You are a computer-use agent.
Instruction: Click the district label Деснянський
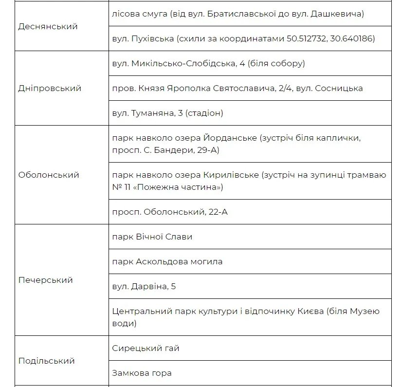pyautogui.click(x=48, y=26)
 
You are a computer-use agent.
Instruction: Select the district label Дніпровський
pyautogui.click(x=50, y=88)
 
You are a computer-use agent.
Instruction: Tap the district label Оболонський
pyautogui.click(x=49, y=175)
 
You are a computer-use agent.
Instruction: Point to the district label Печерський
pyautogui.click(x=45, y=280)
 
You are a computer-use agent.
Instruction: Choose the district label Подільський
pyautogui.click(x=46, y=361)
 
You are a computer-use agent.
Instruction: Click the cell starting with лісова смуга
pyautogui.click(x=238, y=14)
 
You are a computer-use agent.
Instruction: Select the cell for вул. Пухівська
pyautogui.click(x=243, y=38)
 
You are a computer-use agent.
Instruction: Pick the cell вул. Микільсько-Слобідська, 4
pyautogui.click(x=208, y=63)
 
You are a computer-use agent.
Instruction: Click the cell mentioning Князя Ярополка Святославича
pyautogui.click(x=237, y=88)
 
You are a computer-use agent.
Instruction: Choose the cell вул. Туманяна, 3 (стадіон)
pyautogui.click(x=167, y=113)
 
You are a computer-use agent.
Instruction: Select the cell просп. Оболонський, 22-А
pyautogui.click(x=170, y=212)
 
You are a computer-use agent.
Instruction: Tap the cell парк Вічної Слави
pyautogui.click(x=152, y=237)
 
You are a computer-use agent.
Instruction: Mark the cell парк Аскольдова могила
pyautogui.click(x=167, y=261)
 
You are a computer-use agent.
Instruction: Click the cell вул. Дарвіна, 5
pyautogui.click(x=144, y=286)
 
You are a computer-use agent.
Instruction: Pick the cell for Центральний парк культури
pyautogui.click(x=245, y=317)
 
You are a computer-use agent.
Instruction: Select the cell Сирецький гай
pyautogui.click(x=146, y=348)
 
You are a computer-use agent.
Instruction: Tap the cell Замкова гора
pyautogui.click(x=142, y=373)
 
